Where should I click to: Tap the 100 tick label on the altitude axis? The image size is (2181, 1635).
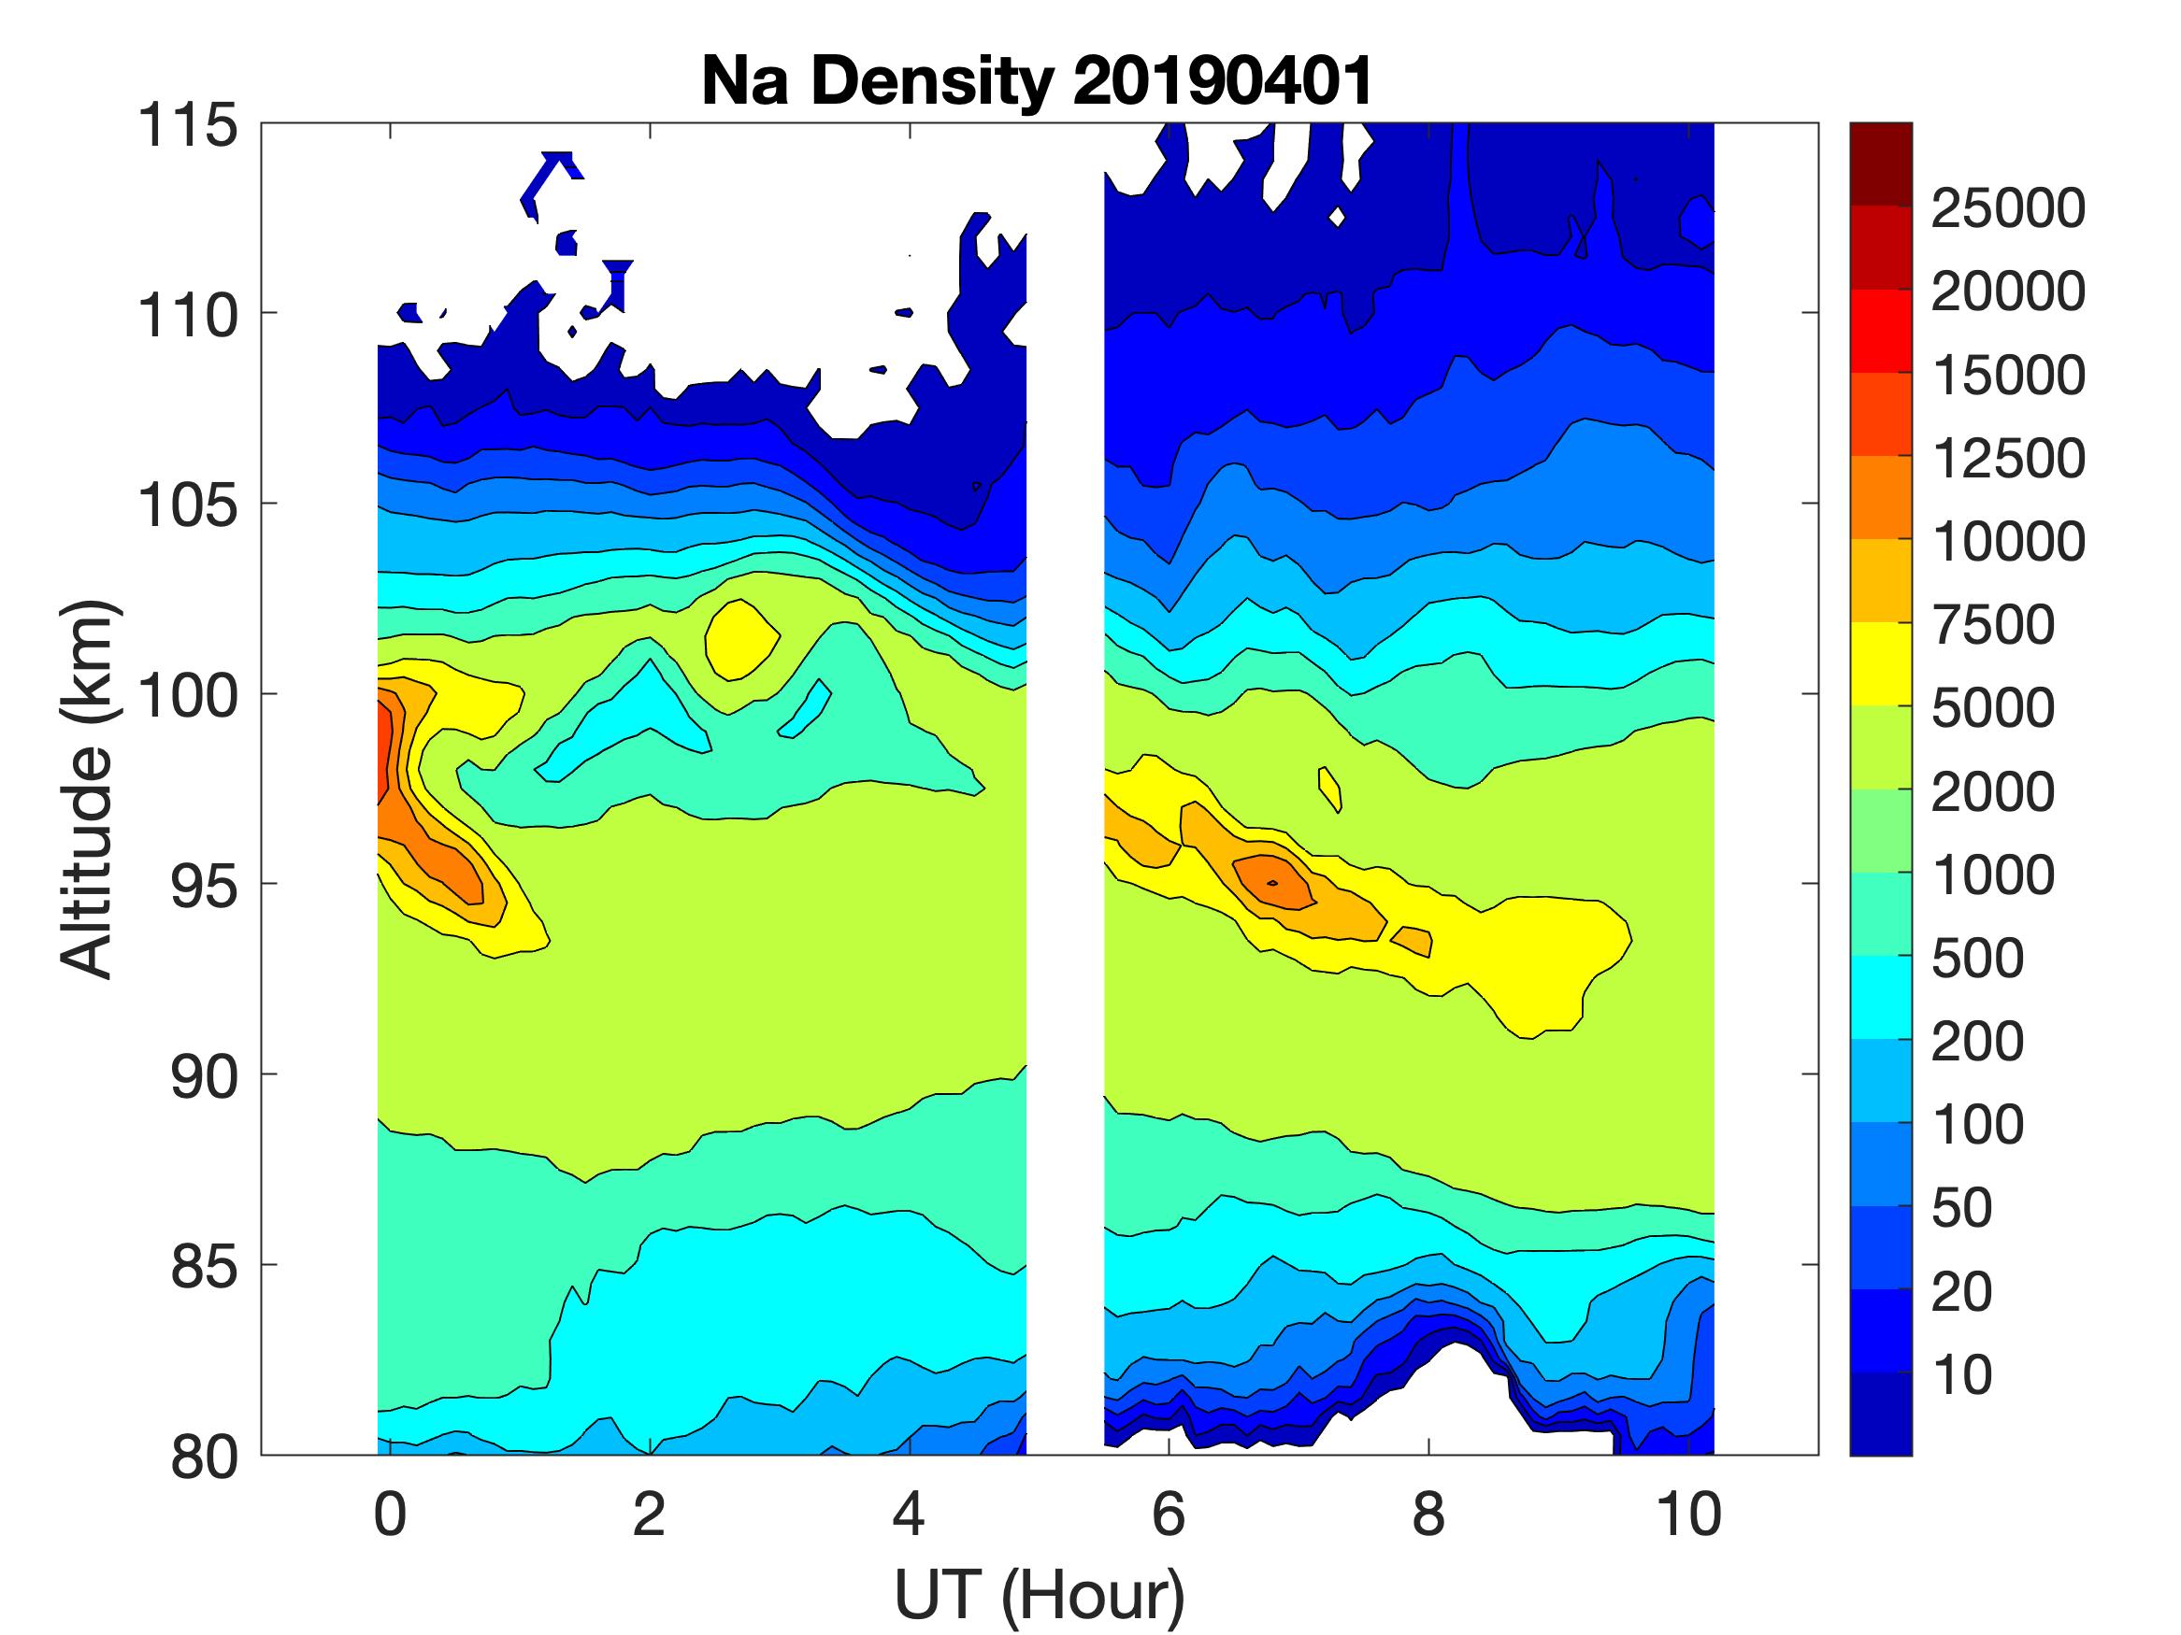[x=187, y=696]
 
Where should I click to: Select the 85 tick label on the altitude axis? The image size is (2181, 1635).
[x=204, y=1266]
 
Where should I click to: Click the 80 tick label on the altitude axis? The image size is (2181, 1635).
[x=204, y=1457]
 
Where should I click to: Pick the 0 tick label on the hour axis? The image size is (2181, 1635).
[x=391, y=1514]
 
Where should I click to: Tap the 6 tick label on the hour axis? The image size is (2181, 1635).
[x=1169, y=1514]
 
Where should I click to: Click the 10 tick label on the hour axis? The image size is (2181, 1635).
[x=1689, y=1514]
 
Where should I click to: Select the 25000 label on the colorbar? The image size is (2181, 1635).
[x=2007, y=209]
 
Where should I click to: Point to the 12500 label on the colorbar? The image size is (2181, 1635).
[x=2007, y=459]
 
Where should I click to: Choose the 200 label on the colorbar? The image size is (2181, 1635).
[x=1977, y=1041]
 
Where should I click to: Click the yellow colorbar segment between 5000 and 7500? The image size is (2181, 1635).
[x=1880, y=663]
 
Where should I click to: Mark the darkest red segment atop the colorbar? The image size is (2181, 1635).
[x=1880, y=163]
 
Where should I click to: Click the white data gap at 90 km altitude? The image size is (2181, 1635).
[x=1065, y=1074]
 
